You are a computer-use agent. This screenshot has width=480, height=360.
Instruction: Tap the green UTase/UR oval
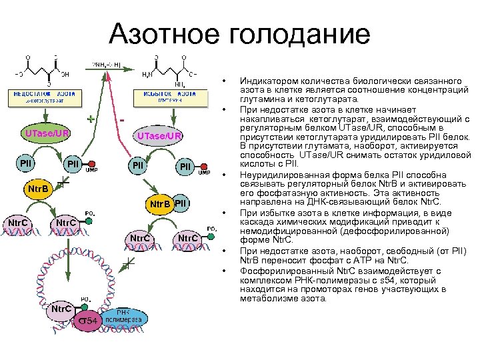pyautogui.click(x=47, y=133)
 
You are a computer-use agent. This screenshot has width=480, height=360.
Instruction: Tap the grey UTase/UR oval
pyautogui.click(x=159, y=137)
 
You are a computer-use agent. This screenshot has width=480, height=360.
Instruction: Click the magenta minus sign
pyautogui.click(x=123, y=119)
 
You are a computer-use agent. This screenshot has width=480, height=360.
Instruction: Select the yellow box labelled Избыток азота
pyautogui.click(x=160, y=97)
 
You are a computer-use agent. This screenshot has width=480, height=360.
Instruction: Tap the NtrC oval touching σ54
pyautogui.click(x=60, y=309)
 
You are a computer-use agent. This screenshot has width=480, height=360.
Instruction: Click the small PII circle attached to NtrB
pyautogui.click(x=183, y=203)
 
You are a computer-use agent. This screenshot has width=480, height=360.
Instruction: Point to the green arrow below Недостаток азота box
pyautogui.click(x=41, y=115)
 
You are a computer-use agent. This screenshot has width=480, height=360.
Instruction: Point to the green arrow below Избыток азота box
pyautogui.click(x=160, y=115)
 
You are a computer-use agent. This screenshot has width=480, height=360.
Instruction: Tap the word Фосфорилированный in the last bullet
pyautogui.click(x=279, y=271)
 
